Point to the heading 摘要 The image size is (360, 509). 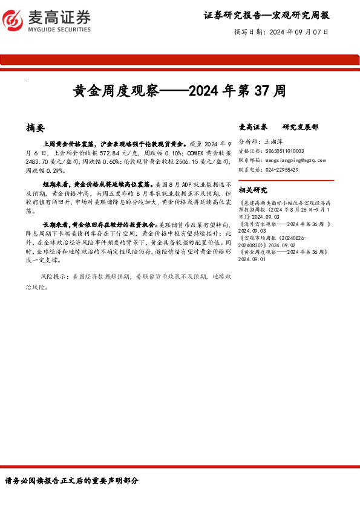(35, 128)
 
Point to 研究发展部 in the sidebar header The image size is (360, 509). (300, 128)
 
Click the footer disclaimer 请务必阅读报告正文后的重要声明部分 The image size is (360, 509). (72, 481)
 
